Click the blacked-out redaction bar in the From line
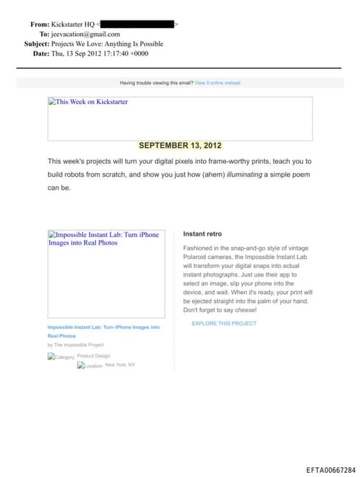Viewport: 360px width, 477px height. (138, 25)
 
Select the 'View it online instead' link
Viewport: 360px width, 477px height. (217, 83)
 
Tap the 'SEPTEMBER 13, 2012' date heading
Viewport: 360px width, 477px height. (180, 146)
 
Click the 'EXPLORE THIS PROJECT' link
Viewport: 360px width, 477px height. (224, 324)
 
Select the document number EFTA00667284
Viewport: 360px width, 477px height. (330, 470)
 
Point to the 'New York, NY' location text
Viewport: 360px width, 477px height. (120, 365)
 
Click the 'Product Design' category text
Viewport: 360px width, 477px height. (94, 356)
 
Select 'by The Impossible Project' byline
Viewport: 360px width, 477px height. (75, 345)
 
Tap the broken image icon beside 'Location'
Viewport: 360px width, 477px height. (80, 366)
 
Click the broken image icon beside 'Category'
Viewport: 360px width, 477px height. (51, 357)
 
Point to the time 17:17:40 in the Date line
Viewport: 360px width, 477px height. (110, 53)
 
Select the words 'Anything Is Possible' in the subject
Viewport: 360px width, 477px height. (131, 44)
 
